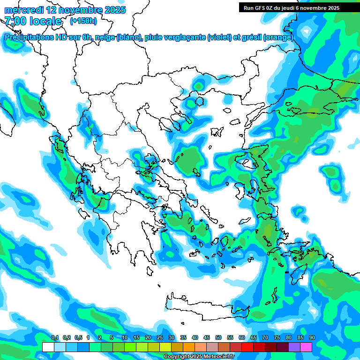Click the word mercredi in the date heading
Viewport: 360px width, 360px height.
[22, 10]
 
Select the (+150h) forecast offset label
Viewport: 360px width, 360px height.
[83, 21]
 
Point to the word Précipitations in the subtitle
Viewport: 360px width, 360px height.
[29, 37]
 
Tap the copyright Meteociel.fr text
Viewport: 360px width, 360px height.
[199, 357]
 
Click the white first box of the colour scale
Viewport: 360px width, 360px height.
[48, 347]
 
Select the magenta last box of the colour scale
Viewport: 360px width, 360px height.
[306, 347]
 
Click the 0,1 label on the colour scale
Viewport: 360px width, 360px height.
[54, 337]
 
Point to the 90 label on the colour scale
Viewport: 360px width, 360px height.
[312, 337]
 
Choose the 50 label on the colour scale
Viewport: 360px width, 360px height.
[218, 337]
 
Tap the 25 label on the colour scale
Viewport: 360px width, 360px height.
[160, 337]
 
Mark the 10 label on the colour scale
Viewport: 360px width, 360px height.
[125, 337]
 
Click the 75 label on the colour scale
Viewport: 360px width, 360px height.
[277, 337]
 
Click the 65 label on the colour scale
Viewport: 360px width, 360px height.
[254, 337]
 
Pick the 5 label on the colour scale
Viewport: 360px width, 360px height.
[112, 337]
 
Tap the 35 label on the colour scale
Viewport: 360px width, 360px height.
[183, 337]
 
